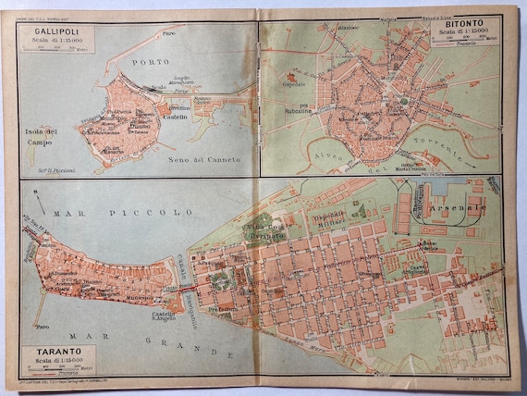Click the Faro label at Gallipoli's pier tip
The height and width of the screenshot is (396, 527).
(169, 34)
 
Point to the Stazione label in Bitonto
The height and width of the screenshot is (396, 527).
(349, 29)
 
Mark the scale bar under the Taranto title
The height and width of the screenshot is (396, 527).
(66, 367)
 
